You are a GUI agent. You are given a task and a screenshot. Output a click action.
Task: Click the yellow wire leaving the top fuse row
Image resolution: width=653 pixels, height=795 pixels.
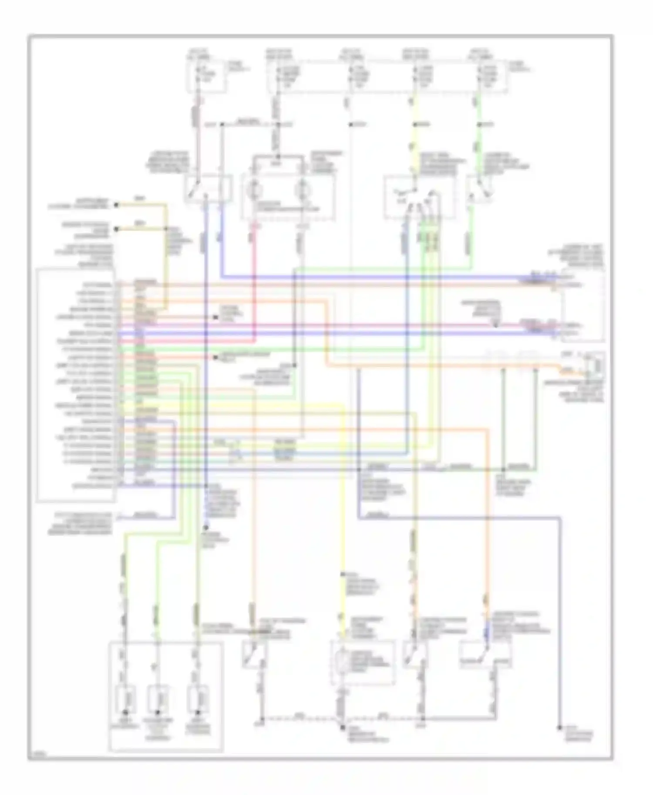click(415, 139)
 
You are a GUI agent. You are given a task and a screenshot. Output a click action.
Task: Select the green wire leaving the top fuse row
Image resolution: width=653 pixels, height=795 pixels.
click(479, 139)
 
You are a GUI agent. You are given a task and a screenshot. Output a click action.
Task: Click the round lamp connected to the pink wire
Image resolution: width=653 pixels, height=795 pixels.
click(255, 190)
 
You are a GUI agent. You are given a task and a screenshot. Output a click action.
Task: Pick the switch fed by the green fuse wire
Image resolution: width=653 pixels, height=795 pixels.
click(479, 190)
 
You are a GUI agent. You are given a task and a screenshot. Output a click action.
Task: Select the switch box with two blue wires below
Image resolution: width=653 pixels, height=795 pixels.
click(208, 188)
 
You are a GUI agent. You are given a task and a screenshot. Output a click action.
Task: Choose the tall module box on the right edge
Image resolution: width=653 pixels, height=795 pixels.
click(582, 304)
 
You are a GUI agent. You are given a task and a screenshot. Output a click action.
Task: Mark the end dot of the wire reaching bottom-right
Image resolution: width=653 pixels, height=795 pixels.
click(559, 727)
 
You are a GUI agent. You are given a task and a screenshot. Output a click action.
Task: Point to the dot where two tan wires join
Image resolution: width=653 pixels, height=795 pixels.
click(166, 229)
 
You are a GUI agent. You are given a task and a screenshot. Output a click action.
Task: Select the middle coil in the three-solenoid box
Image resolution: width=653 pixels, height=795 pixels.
click(158, 699)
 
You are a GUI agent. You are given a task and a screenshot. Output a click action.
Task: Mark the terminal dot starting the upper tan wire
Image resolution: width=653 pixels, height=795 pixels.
click(116, 204)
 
